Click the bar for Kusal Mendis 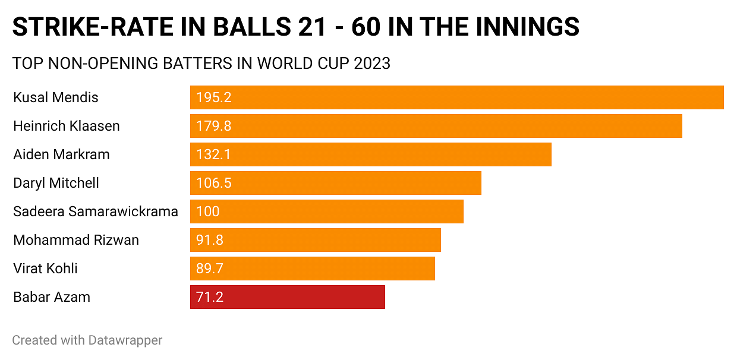click(x=456, y=97)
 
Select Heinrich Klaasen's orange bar click(x=436, y=126)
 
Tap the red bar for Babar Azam click(x=287, y=297)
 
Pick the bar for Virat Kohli click(x=312, y=269)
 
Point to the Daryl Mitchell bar click(x=335, y=183)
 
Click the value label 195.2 click(x=213, y=97)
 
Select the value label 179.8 click(x=213, y=126)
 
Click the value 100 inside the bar click(x=208, y=211)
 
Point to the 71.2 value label click(x=210, y=297)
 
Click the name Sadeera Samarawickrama click(x=96, y=211)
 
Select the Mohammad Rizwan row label click(x=76, y=240)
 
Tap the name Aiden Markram click(x=61, y=154)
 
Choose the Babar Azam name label click(x=52, y=297)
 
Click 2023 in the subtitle click(x=372, y=64)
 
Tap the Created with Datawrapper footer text click(x=87, y=340)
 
